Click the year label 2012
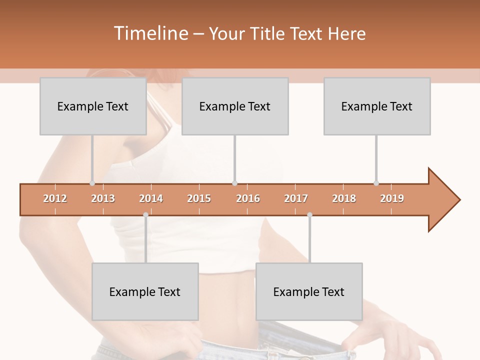pos(55,198)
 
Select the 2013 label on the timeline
pos(103,198)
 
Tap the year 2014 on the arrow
pos(151,198)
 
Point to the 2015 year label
pos(199,198)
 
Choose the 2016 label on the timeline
pos(248,198)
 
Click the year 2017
pos(296,198)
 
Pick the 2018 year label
pos(344,198)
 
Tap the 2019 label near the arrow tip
pos(392,198)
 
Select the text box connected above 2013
pos(93,106)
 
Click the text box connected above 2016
pos(235,106)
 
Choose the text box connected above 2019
pos(377,106)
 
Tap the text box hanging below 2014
pos(145,291)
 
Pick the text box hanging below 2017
pos(309,291)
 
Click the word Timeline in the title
pos(150,33)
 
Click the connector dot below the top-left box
pos(92,183)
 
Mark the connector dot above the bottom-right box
pos(309,215)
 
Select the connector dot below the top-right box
pos(376,183)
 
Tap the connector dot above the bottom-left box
pos(145,215)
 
